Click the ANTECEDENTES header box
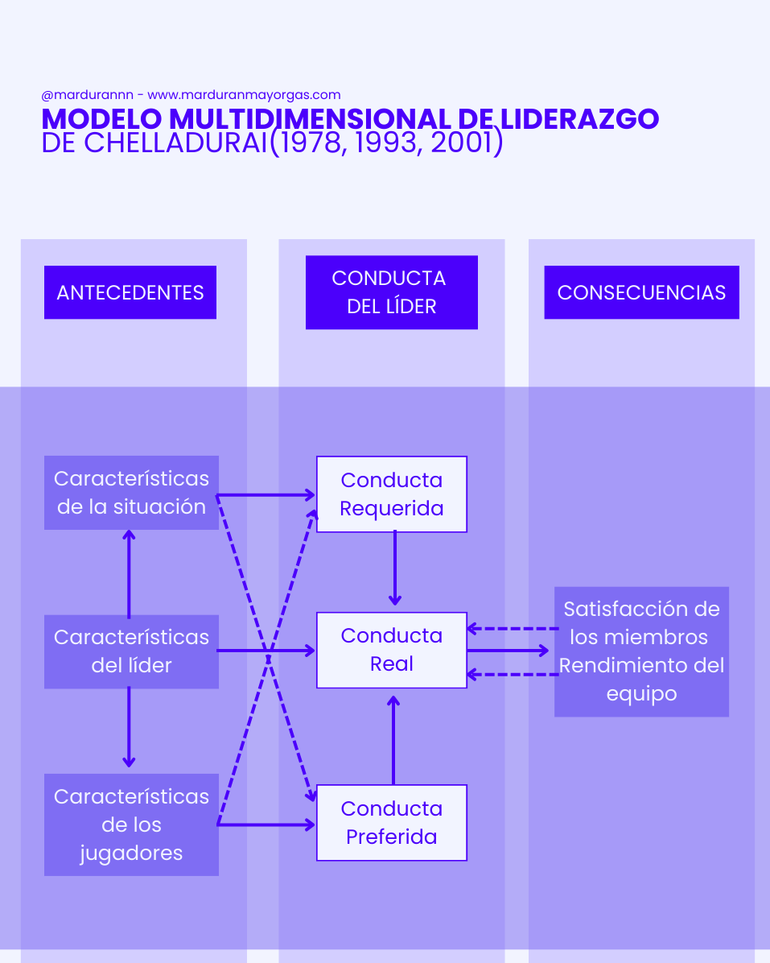click(130, 292)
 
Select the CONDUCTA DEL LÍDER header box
click(391, 292)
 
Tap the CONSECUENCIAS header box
click(641, 292)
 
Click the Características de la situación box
click(131, 493)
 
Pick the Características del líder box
click(131, 651)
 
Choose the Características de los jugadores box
click(131, 825)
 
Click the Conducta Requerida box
click(391, 494)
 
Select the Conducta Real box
click(391, 650)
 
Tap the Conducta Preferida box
click(391, 822)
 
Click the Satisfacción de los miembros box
click(641, 651)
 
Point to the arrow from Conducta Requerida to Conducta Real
click(394, 568)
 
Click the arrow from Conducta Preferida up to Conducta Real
click(393, 739)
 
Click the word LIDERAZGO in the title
click(579, 119)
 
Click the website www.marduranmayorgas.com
click(244, 95)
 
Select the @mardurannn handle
click(87, 95)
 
